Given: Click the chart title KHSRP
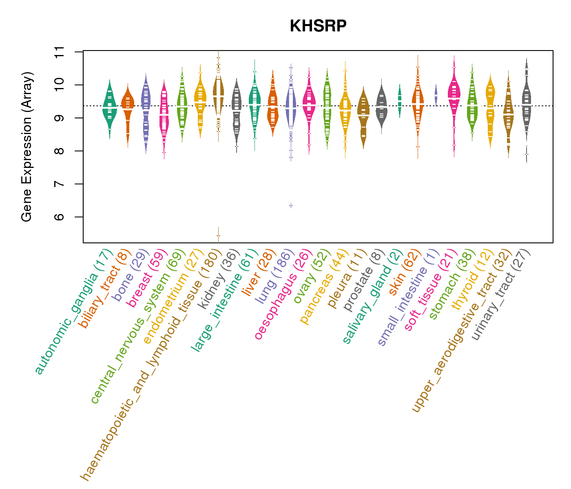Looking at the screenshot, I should pos(318,26).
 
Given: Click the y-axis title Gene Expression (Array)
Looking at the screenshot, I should pos(27,147).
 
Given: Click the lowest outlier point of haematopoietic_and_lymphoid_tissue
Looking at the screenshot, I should pos(219,236).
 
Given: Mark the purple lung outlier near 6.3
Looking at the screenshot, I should pos(291,205).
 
